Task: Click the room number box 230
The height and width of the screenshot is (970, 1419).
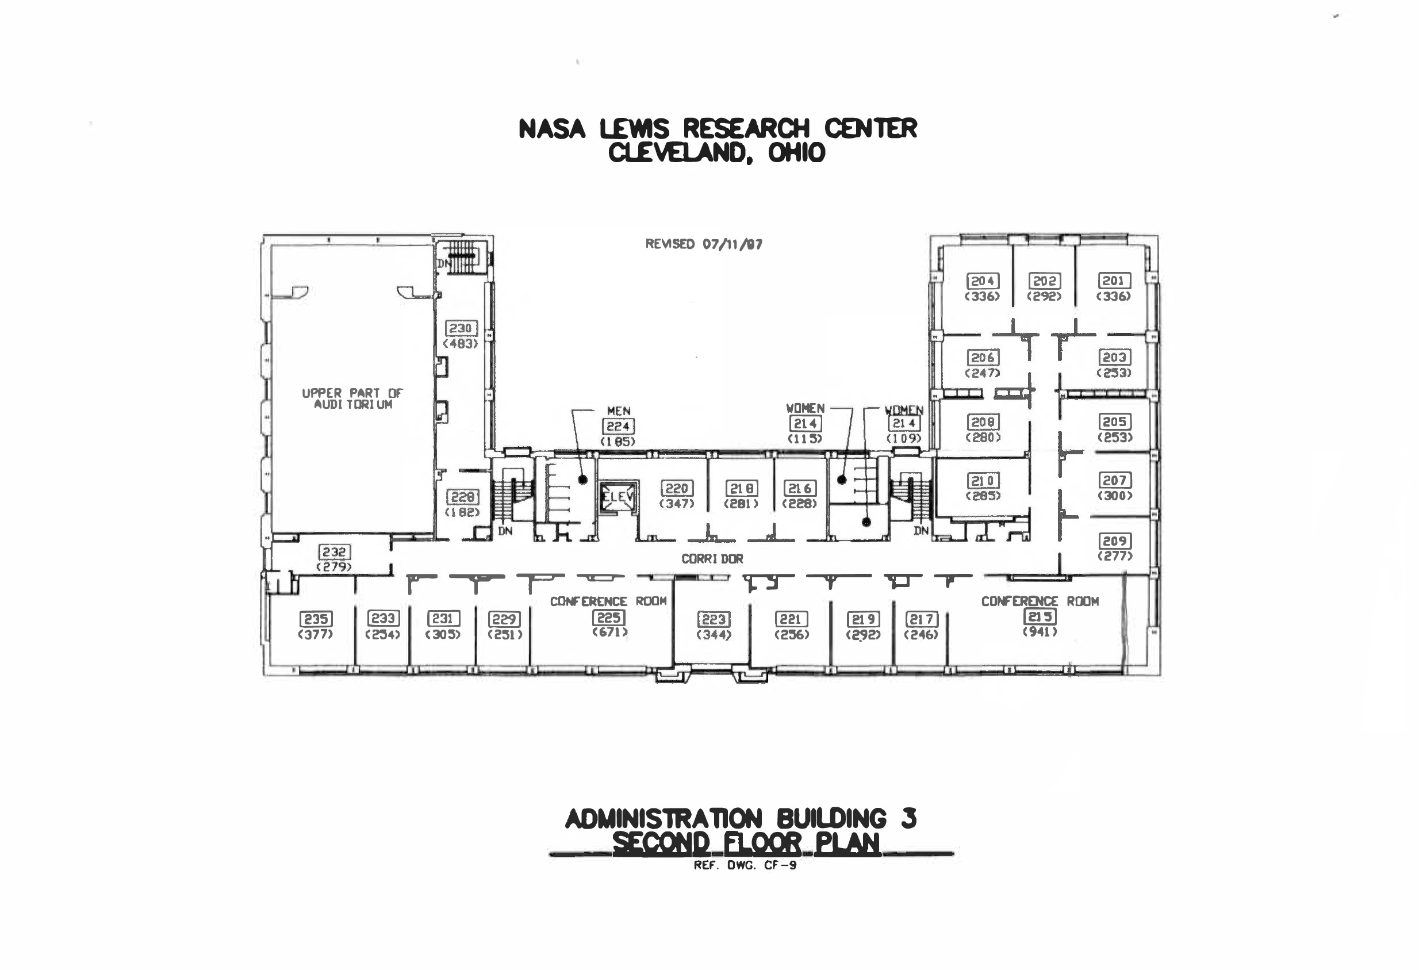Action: click(461, 328)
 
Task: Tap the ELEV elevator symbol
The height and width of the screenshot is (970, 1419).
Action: click(618, 497)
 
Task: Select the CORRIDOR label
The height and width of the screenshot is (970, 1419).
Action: click(712, 558)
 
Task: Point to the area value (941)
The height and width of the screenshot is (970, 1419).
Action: click(1040, 632)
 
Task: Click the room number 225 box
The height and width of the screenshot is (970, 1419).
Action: click(609, 618)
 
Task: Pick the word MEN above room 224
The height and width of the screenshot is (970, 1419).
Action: click(619, 411)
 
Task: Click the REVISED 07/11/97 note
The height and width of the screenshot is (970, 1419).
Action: click(703, 244)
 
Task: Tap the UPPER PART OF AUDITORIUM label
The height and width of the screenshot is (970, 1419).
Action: click(352, 398)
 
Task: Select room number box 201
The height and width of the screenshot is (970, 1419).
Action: click(1114, 281)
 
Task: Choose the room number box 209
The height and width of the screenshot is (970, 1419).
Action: click(1114, 541)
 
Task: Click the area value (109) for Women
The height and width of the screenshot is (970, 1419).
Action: click(904, 438)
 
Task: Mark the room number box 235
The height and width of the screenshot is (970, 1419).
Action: click(316, 619)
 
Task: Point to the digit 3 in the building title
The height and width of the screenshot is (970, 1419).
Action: click(908, 819)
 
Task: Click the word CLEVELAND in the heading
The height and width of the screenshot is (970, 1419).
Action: click(678, 152)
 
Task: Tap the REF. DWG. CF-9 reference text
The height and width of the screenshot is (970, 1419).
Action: click(745, 865)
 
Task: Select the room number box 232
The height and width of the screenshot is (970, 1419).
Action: click(334, 552)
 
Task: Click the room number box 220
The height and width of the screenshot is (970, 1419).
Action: click(677, 488)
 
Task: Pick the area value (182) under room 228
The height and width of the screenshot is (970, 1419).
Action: click(462, 512)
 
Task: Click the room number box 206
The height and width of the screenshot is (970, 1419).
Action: click(983, 357)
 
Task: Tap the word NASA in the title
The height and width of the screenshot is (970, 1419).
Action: click(552, 129)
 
